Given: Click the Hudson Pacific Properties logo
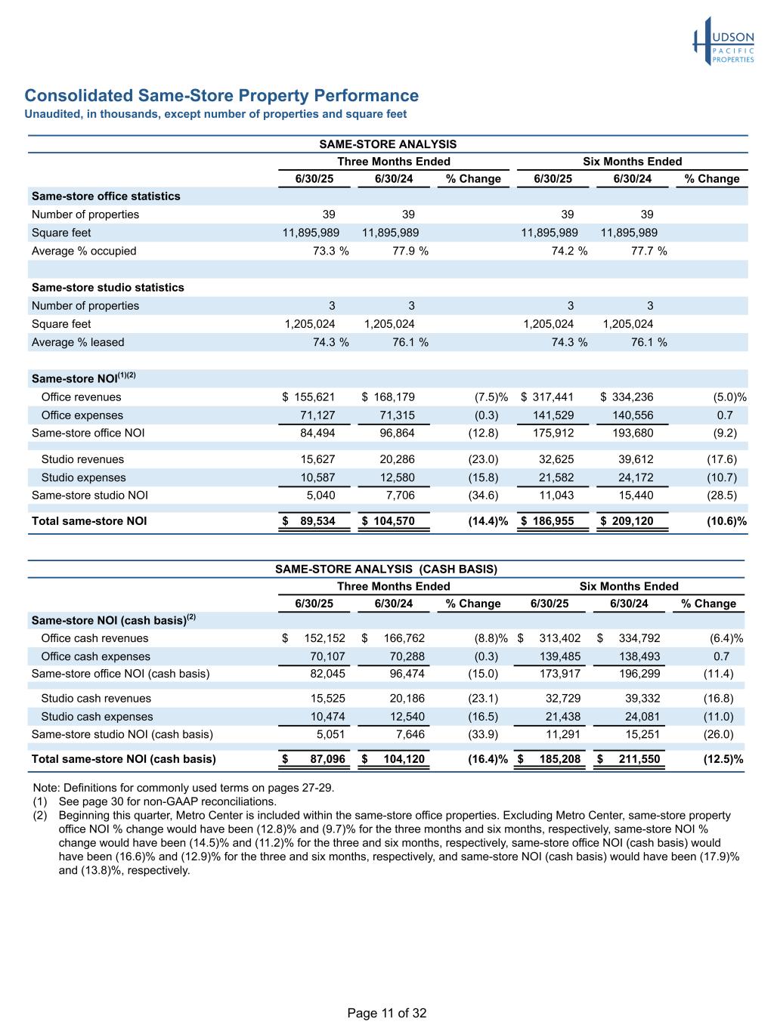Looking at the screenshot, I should [x=723, y=42].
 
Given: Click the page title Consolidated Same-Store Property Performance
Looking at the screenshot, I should [x=221, y=96].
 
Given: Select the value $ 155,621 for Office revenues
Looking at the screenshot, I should [x=308, y=397].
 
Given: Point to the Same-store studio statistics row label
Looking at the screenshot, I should [x=107, y=288].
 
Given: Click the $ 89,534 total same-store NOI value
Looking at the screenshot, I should [x=309, y=521].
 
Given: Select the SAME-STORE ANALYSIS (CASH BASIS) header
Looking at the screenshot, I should [x=385, y=569].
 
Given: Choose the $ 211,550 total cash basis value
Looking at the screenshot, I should [x=628, y=759].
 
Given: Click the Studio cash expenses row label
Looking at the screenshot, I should [x=97, y=717].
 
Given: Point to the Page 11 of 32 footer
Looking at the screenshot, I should [x=387, y=1014].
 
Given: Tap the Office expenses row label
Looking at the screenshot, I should [x=82, y=415].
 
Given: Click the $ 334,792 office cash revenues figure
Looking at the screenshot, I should [x=628, y=638].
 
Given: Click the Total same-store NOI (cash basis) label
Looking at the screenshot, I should [x=123, y=759].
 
